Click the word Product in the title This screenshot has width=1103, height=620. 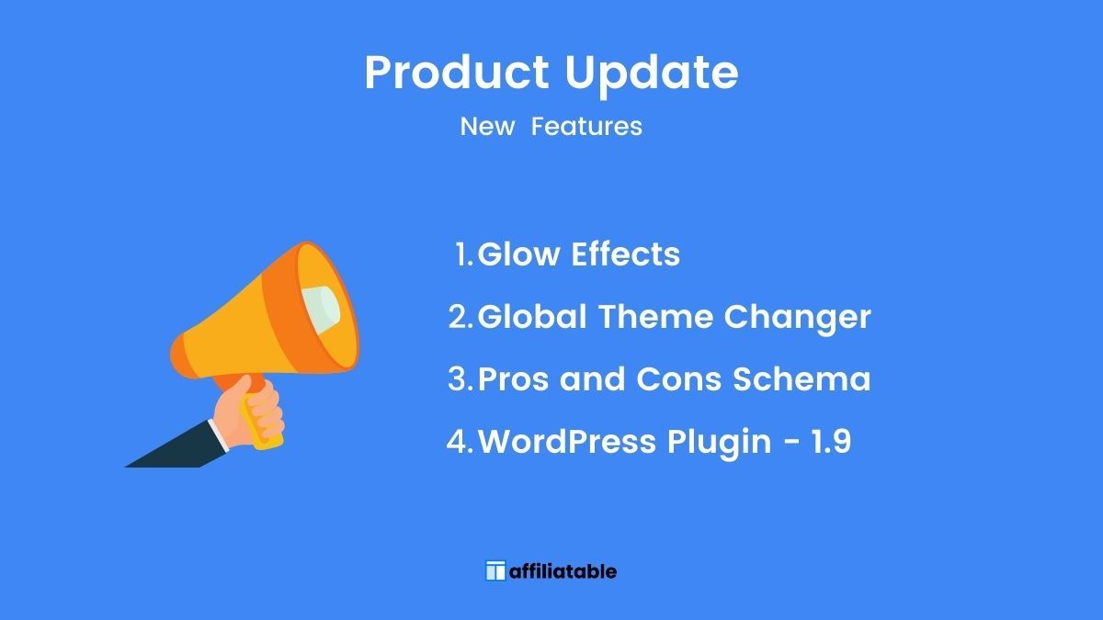[x=457, y=72]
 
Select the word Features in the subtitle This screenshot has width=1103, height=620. [x=586, y=127]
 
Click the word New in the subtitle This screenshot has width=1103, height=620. [x=487, y=127]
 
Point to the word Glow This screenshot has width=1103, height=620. [x=518, y=254]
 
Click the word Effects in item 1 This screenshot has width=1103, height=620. [x=625, y=254]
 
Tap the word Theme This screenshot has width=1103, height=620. [x=655, y=316]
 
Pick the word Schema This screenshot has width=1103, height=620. [x=802, y=378]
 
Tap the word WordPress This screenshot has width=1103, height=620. [x=567, y=441]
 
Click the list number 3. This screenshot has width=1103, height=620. [x=461, y=378]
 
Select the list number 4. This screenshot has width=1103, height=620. [x=460, y=441]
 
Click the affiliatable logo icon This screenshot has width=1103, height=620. [x=495, y=570]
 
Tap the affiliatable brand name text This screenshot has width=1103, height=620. [x=563, y=571]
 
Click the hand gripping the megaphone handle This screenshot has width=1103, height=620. [x=249, y=412]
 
